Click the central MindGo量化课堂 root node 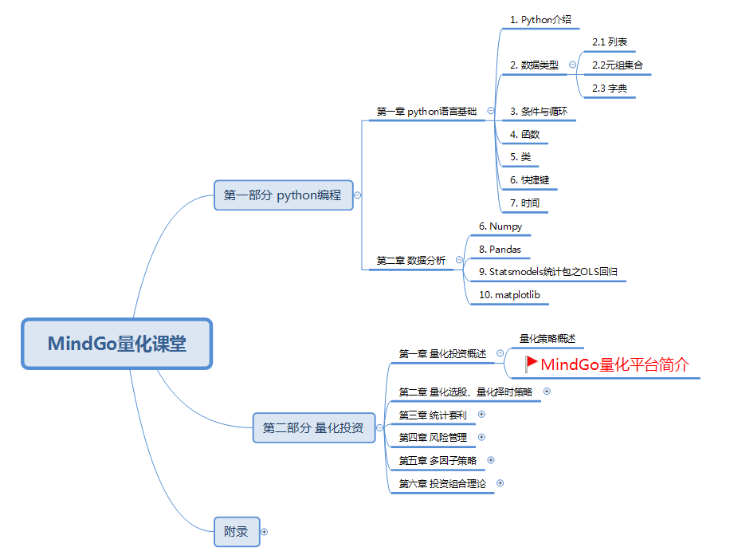[116, 344]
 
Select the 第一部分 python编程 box [283, 195]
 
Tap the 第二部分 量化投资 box [313, 428]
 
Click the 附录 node [237, 531]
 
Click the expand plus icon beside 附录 [265, 531]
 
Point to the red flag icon [531, 364]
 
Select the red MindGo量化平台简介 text [614, 365]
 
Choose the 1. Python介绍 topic [540, 19]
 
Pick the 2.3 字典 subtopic [610, 89]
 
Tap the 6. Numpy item [500, 226]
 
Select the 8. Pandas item [500, 250]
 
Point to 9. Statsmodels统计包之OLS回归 [547, 272]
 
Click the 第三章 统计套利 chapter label [433, 415]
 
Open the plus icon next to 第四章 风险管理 [481, 437]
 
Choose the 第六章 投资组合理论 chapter [442, 483]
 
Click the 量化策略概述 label [547, 338]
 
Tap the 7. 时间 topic [524, 203]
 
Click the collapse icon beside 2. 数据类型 [572, 65]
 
